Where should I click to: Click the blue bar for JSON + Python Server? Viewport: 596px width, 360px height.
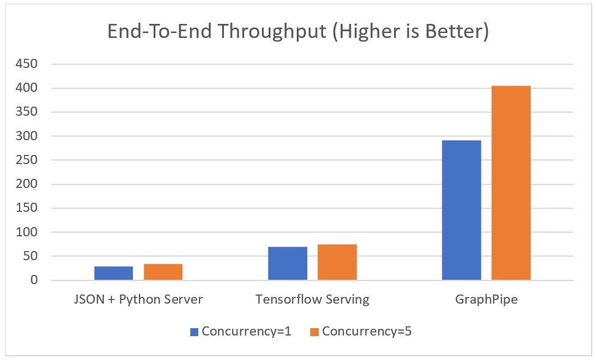coord(114,273)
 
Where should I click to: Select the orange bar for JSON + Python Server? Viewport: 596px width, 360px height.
coord(163,272)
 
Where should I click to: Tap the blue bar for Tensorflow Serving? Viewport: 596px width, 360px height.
coord(288,263)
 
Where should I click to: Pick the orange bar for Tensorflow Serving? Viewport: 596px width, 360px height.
coord(337,262)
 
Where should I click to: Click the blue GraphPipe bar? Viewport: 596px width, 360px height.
coord(461,210)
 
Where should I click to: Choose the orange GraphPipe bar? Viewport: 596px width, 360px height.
coord(511,183)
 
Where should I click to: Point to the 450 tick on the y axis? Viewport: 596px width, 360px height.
coord(26,64)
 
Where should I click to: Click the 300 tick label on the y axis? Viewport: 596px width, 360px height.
coord(26,136)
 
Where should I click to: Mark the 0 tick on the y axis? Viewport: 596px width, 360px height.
coord(34,280)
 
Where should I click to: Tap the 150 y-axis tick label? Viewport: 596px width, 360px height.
coord(26,208)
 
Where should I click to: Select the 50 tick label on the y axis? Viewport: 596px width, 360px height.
coord(31,256)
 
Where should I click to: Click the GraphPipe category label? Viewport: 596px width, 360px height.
coord(486,299)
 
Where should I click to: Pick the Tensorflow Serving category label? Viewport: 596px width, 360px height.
coord(313,299)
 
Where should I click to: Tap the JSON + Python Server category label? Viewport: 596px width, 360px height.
coord(138,299)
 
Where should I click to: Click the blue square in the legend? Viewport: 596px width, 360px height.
coord(194,332)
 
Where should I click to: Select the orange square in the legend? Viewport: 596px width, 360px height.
coord(315,332)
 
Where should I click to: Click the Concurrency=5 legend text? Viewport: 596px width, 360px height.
coord(367,331)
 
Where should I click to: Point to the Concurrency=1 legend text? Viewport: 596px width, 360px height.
coord(247,331)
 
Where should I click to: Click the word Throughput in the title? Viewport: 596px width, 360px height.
coord(272,32)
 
